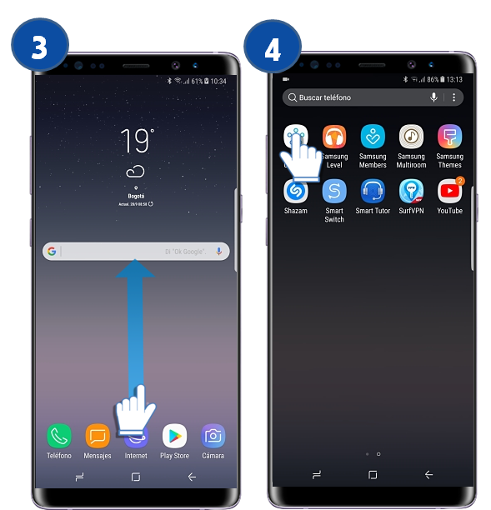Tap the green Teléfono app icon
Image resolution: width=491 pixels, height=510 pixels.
coord(58,435)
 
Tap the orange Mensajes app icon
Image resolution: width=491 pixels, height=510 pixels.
coord(98,435)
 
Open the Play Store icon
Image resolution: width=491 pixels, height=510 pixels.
coord(174,435)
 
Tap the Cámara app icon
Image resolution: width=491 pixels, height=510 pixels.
coord(213,435)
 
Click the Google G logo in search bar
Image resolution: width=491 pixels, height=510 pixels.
coord(52,251)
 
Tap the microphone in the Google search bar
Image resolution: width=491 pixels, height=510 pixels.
coord(219,251)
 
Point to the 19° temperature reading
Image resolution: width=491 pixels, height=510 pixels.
coord(136,142)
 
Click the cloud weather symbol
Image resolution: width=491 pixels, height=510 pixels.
coord(136,172)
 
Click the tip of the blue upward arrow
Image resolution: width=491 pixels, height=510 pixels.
coord(135,262)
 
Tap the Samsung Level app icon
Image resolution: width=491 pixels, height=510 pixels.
coord(334,137)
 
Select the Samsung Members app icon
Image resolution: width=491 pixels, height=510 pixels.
coord(373,137)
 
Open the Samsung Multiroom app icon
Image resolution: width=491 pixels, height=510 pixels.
coord(411,137)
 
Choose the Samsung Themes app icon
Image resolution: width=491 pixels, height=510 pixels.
coord(449,137)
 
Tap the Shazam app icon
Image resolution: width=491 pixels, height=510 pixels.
coord(296,191)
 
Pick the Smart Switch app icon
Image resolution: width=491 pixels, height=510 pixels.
coord(334,191)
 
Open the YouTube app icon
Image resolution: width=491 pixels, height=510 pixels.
coord(449,191)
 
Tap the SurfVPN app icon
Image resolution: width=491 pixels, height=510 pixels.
coord(411,191)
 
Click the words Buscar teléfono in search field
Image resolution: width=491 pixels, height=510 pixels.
coord(325,97)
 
